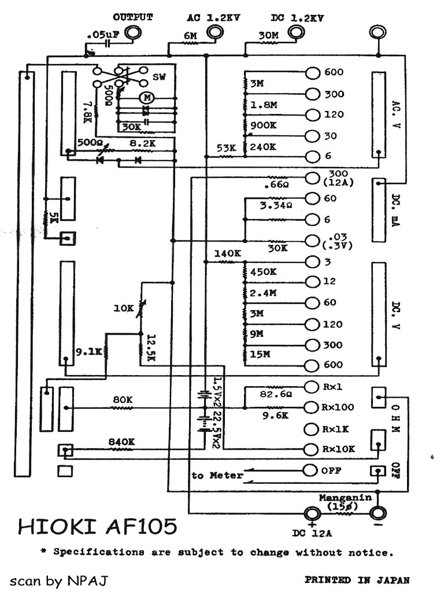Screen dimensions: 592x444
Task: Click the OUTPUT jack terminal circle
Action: [133, 32]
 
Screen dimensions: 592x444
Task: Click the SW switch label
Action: [159, 77]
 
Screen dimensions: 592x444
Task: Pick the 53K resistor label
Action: [225, 147]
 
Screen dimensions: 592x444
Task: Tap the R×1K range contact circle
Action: [312, 429]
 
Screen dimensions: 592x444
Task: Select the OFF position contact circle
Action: [312, 470]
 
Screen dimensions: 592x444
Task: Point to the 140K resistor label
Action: [227, 253]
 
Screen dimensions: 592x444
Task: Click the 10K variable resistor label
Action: [123, 309]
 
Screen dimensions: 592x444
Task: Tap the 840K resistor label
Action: [121, 442]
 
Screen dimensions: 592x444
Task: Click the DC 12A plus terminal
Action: [312, 512]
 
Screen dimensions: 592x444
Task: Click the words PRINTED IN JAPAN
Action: [357, 579]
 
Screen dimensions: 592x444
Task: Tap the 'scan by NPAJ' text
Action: [58, 580]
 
